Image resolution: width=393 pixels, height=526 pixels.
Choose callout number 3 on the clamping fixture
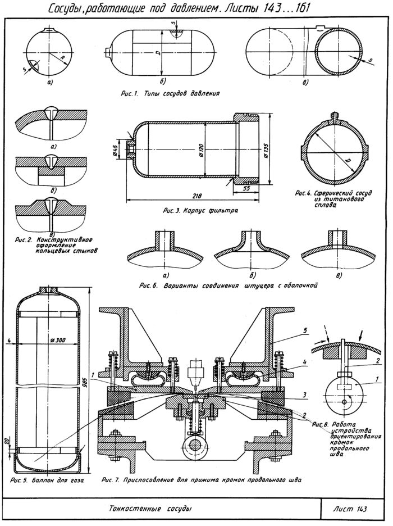tap(304, 394)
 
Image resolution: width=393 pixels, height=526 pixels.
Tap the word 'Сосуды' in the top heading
tap(66, 8)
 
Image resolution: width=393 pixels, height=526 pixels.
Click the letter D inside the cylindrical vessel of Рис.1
tap(159, 53)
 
